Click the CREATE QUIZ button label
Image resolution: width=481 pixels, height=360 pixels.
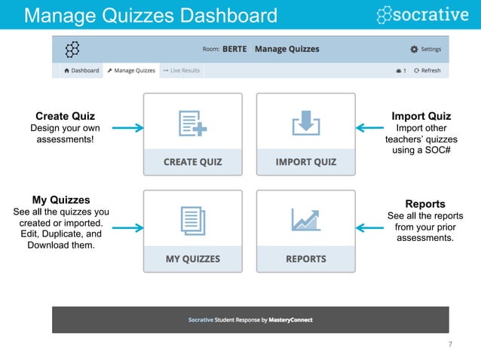click(x=193, y=162)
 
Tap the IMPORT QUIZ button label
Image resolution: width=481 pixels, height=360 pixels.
click(x=305, y=162)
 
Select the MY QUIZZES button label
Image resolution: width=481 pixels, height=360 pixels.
click(x=193, y=259)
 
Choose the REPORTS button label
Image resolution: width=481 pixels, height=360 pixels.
click(x=305, y=259)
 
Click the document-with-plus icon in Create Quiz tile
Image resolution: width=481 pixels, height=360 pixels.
click(x=193, y=123)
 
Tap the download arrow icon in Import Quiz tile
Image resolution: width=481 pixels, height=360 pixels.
click(x=305, y=122)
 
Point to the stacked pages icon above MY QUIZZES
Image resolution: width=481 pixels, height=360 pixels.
click(x=193, y=220)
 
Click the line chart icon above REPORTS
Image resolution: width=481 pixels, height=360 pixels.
click(x=305, y=220)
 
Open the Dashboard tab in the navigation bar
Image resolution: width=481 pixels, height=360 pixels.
click(x=81, y=71)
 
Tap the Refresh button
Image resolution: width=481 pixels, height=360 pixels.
click(x=427, y=71)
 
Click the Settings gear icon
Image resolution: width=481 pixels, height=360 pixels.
click(x=413, y=50)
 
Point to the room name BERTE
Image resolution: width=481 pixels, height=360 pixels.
click(x=234, y=50)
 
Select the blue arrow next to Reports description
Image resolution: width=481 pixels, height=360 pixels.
click(x=370, y=227)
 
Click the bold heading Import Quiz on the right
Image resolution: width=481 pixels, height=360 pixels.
click(x=421, y=116)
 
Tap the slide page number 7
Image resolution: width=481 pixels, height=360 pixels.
click(x=450, y=345)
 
